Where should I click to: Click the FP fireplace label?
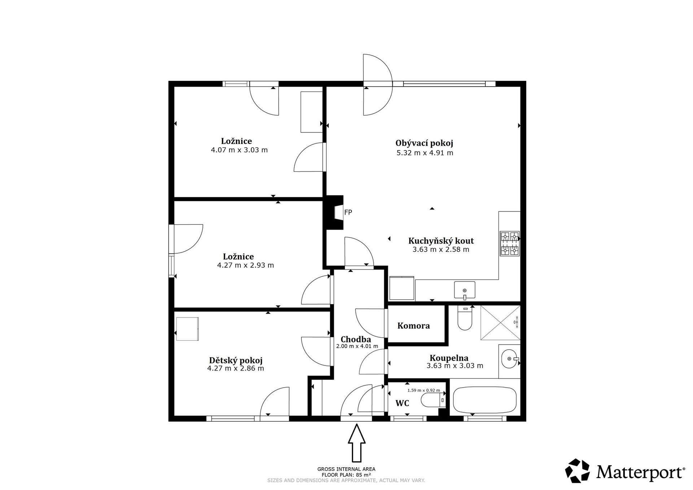348,213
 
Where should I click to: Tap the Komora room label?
414,326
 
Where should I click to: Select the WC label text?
402,403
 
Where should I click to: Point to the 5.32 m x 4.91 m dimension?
425,153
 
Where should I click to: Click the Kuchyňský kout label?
441,241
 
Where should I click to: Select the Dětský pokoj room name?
236,360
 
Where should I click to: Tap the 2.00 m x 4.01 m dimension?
357,346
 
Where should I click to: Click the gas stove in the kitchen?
510,244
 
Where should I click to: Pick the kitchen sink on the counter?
465,290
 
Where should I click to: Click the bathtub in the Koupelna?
485,400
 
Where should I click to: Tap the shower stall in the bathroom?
500,323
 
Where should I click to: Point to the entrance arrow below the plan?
357,443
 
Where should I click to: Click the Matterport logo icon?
577,471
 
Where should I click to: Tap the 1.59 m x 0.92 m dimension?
424,390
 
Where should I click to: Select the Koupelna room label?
449,358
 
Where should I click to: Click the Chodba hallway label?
356,340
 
